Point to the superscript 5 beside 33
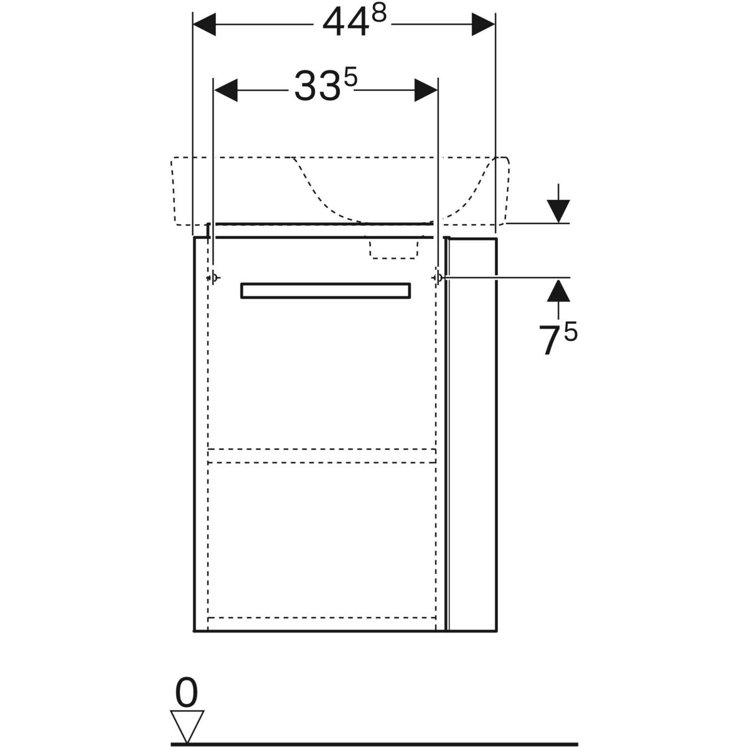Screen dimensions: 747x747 (350, 78)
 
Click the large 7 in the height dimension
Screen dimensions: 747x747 (550, 340)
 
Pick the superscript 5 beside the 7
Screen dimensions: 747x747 (570, 332)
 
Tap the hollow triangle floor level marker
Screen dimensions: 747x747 (187, 716)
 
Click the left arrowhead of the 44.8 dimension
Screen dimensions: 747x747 (204, 24)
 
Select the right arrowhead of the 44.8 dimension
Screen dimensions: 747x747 (483, 24)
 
